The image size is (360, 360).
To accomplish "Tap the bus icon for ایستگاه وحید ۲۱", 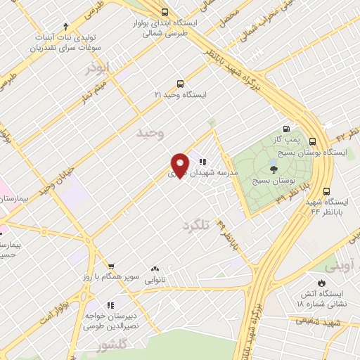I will (x=180, y=82).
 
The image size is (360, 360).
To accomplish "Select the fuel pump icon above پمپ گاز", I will (x=285, y=128).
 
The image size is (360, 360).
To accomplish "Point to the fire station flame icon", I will (x=321, y=282).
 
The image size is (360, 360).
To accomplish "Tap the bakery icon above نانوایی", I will (x=155, y=269).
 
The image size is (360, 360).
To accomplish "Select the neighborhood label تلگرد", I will (x=196, y=226).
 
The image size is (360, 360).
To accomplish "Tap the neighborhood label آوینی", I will (x=341, y=266).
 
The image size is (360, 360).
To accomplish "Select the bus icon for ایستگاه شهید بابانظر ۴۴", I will (x=326, y=191).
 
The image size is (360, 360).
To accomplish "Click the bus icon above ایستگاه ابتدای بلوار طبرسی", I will (x=165, y=12).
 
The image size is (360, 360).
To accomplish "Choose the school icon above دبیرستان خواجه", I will (x=110, y=305).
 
